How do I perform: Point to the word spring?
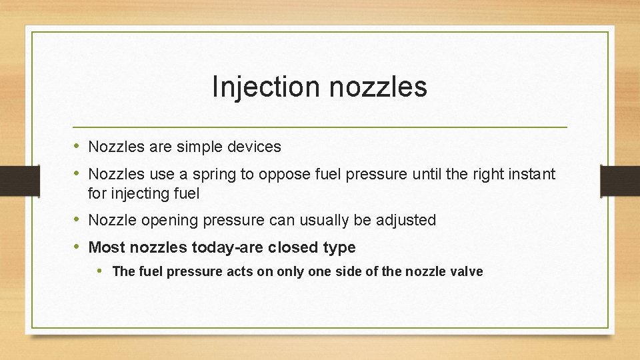[x=214, y=175]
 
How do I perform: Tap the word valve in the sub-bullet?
[x=467, y=271]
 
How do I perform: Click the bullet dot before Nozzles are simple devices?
[x=77, y=147]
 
